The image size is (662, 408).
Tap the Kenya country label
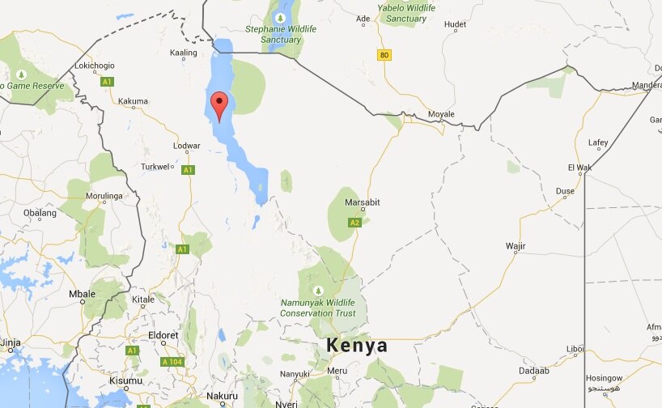pos(357,346)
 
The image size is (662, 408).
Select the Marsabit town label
pos(363,202)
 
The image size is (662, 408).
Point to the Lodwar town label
pos(187,146)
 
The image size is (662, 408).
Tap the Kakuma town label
pos(133,101)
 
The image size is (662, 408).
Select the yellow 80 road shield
pos(384,54)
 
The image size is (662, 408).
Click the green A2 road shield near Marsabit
pos(354,223)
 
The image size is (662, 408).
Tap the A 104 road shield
pos(172,362)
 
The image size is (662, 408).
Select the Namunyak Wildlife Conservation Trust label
pos(318,308)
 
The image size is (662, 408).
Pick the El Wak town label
pos(580,167)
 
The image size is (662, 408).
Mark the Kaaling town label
pos(184,53)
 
